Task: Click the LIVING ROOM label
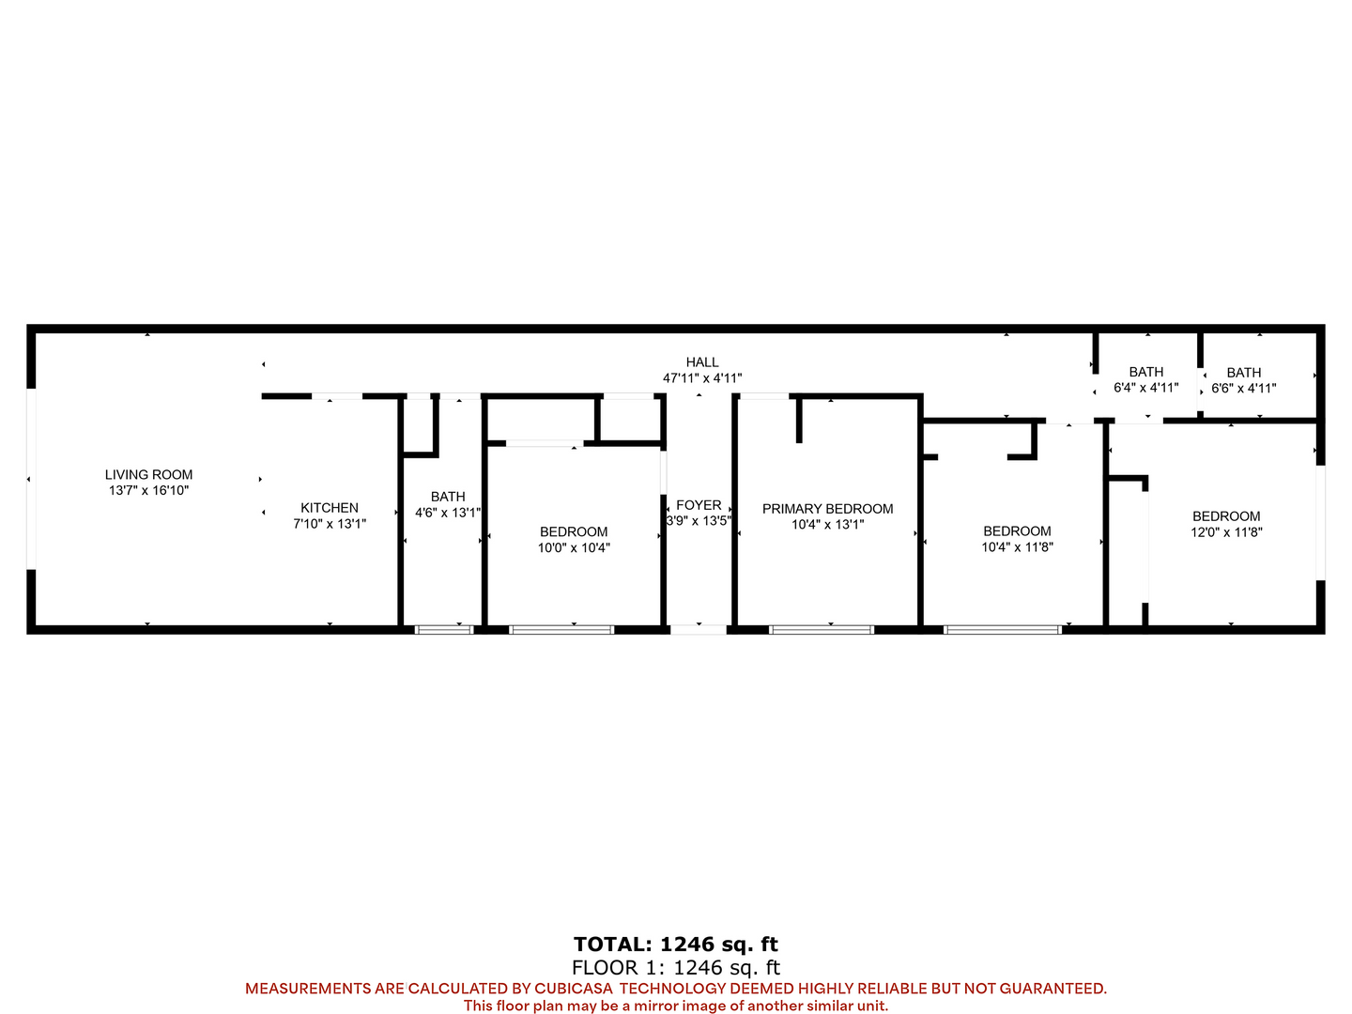click(148, 475)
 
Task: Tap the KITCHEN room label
click(330, 508)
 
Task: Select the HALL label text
click(702, 362)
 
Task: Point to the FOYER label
click(699, 505)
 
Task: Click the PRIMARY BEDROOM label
click(828, 509)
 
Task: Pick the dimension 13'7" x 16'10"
click(148, 491)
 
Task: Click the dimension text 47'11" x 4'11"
click(702, 378)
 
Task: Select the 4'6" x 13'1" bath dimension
click(448, 513)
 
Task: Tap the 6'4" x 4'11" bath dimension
click(1146, 388)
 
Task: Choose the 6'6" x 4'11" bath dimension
click(1244, 389)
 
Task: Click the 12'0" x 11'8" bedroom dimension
click(1226, 532)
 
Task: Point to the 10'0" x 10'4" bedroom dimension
click(574, 548)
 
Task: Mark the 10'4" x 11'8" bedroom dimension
click(1017, 547)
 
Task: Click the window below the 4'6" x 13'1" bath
click(444, 630)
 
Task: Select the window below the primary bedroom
click(822, 630)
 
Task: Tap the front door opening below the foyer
click(699, 630)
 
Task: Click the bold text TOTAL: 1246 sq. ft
click(676, 944)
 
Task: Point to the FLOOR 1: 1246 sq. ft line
click(676, 968)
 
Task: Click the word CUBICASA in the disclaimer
click(574, 989)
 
